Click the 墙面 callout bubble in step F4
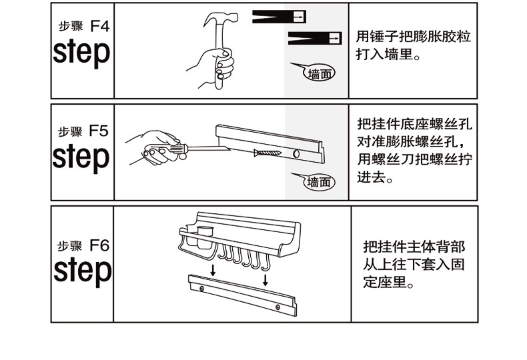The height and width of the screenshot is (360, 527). click(x=320, y=73)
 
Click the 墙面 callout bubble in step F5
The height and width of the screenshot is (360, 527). click(x=320, y=181)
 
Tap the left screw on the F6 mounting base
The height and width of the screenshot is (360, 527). click(x=201, y=287)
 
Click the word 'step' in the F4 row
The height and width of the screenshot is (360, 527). click(x=81, y=52)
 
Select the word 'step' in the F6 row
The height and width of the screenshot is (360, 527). click(x=81, y=270)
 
